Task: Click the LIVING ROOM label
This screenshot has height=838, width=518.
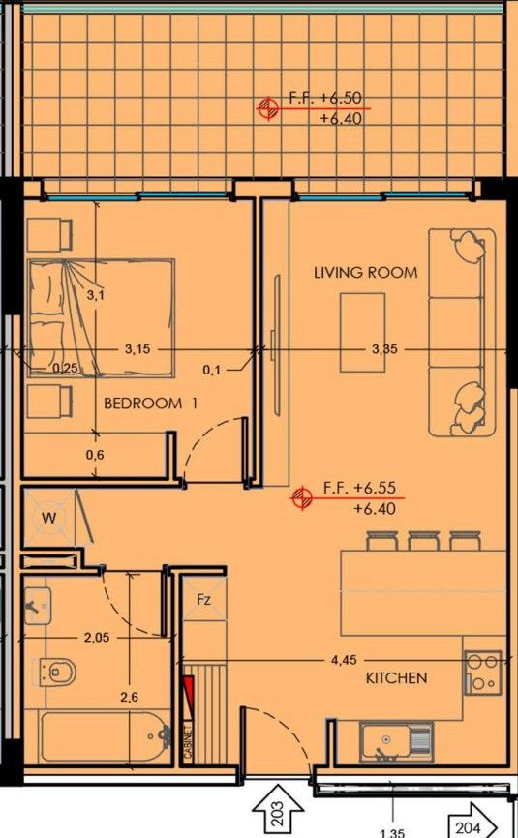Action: coord(365,273)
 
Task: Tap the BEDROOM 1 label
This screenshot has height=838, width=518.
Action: coord(150,404)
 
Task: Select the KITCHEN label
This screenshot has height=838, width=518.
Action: coord(396,678)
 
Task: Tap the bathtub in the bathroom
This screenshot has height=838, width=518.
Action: coord(97,739)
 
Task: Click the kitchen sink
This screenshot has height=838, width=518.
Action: coord(395,742)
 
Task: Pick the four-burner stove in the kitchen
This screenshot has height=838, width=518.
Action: coord(483,672)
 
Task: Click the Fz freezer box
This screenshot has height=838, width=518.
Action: coord(204,600)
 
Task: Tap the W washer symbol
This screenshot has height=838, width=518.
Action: coord(48,518)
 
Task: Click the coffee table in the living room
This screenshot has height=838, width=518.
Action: coord(362,332)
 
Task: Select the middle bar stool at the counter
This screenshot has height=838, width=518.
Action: coord(424,540)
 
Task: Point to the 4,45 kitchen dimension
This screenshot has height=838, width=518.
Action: coord(343,662)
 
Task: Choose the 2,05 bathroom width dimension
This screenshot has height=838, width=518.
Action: coord(95,637)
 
